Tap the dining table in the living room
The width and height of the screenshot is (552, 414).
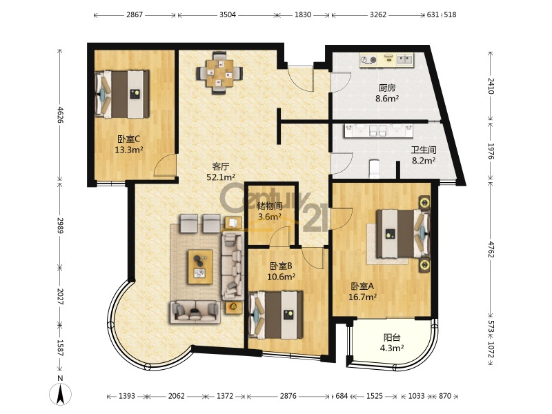pos(219,73)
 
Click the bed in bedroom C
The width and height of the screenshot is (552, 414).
pos(122,94)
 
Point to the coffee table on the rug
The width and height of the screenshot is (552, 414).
pos(200,266)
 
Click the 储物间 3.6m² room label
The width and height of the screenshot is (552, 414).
pos(270,211)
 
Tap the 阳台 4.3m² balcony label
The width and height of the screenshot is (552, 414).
pos(391,343)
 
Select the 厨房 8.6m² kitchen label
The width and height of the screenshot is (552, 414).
pos(387,93)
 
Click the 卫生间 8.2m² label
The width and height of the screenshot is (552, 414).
pos(424,155)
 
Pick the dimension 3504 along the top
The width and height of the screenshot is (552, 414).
pos(228,14)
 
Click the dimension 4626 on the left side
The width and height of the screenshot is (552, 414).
pos(60,115)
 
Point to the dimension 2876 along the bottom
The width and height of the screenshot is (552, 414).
pos(288,396)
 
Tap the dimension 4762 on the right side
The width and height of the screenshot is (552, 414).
pos(491,248)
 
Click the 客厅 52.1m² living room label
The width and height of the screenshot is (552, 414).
pos(221,171)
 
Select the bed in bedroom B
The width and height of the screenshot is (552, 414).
pos(275,315)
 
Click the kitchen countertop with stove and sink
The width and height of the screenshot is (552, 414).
pos(386,60)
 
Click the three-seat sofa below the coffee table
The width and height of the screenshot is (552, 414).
pos(195,312)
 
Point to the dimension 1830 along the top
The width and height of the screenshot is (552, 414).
pos(303,14)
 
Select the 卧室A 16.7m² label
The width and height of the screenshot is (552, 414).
pos(362,292)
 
